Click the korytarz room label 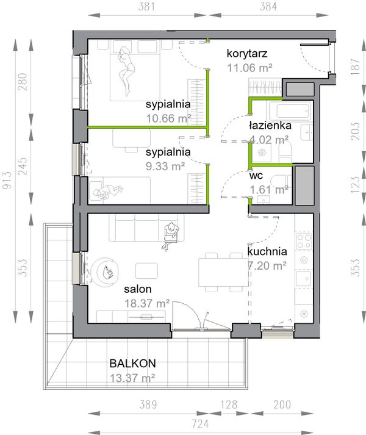[x=247, y=52]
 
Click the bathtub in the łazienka [x=290, y=111]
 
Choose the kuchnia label [x=267, y=251]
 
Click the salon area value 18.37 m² [x=147, y=303]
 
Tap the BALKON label [x=132, y=363]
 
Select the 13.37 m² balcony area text [x=132, y=378]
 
